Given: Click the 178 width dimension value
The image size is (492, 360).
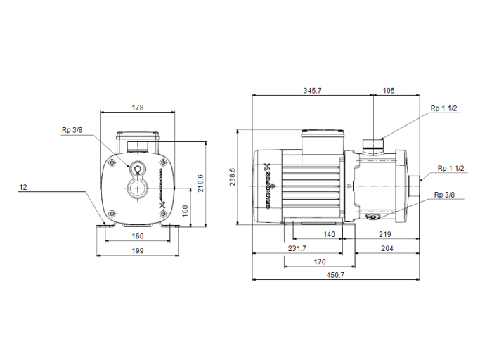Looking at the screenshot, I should (137, 108).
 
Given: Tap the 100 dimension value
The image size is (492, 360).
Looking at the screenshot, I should (186, 210).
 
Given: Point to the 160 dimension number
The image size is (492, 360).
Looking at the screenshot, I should (137, 236).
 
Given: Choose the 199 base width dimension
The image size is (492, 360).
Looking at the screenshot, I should (137, 250).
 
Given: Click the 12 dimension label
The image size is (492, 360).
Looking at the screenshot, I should (23, 188).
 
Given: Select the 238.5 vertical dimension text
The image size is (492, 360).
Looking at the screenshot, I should (233, 177).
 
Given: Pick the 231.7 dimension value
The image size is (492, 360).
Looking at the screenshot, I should (297, 249).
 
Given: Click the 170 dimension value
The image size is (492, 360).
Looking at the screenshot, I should (320, 262).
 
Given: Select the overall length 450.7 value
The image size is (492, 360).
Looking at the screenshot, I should (336, 275).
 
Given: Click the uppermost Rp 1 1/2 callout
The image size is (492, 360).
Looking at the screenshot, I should (444, 108).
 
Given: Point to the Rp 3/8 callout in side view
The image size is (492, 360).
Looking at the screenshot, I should (444, 195).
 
